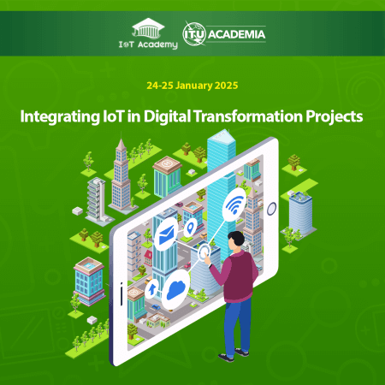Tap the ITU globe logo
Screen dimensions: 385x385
[192, 35]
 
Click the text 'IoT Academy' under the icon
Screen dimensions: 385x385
[143, 43]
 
